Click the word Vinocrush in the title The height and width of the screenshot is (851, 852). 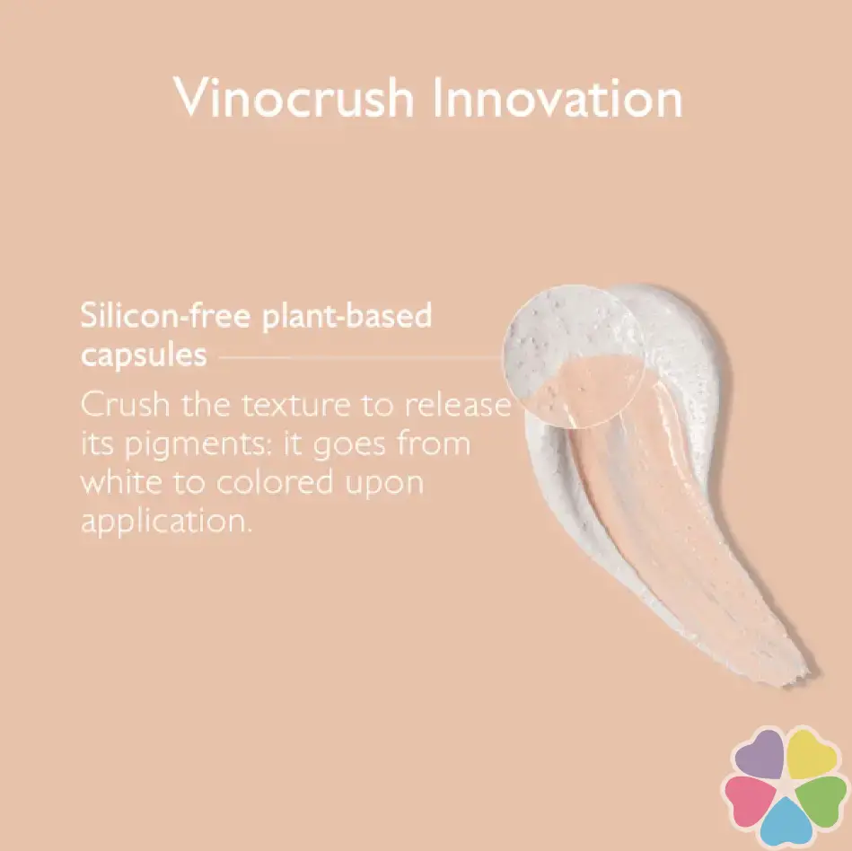pyautogui.click(x=294, y=98)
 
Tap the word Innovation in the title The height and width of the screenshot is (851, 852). pyautogui.click(x=558, y=98)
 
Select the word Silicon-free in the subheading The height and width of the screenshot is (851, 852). pyautogui.click(x=165, y=315)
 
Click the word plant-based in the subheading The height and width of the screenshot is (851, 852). pyautogui.click(x=347, y=317)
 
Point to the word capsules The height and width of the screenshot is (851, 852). pyautogui.click(x=144, y=356)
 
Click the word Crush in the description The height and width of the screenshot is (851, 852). pyautogui.click(x=126, y=404)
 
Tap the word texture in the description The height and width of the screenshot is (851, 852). pyautogui.click(x=295, y=406)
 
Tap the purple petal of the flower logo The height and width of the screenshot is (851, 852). pyautogui.click(x=760, y=754)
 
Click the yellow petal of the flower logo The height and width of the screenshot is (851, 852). pyautogui.click(x=812, y=754)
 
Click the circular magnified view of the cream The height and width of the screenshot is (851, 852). pyautogui.click(x=574, y=356)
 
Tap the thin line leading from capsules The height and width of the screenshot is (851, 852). pyautogui.click(x=360, y=357)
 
